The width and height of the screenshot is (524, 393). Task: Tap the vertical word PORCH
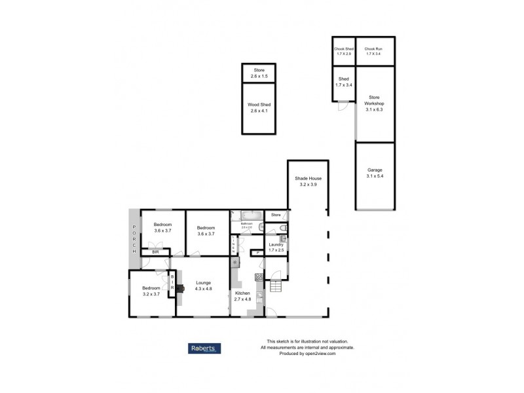click(x=134, y=238)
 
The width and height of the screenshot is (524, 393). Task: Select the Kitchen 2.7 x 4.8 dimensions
click(x=243, y=299)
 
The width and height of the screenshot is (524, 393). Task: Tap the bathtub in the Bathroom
click(x=252, y=215)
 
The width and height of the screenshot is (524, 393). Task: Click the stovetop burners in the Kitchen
click(x=259, y=277)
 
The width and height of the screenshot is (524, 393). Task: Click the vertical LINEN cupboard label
click(x=234, y=246)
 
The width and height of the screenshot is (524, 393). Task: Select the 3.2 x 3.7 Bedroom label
click(x=151, y=291)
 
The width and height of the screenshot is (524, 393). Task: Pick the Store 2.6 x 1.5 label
click(x=259, y=73)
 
